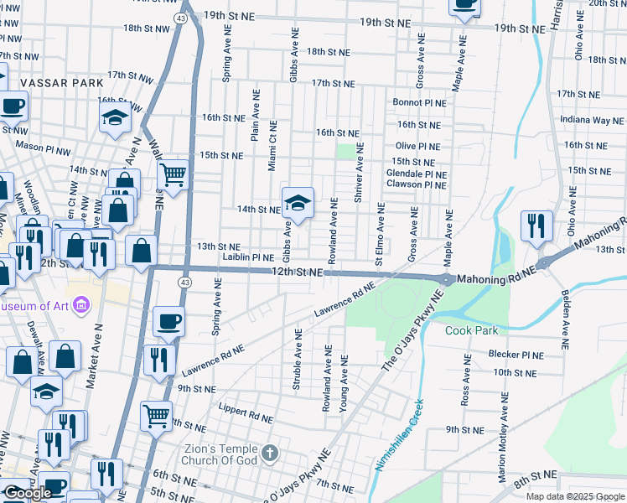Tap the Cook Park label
(x=472, y=330)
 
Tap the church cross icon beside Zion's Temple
(x=269, y=454)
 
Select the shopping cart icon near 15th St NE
(x=173, y=175)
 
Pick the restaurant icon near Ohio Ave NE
(x=536, y=226)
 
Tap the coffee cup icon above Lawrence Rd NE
(x=168, y=322)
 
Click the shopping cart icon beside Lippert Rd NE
(x=156, y=415)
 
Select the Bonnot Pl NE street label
(x=420, y=102)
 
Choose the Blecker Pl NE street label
(x=516, y=355)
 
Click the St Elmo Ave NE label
(x=380, y=235)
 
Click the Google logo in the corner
(x=27, y=493)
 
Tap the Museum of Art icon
(x=81, y=304)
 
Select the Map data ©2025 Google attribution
(x=575, y=496)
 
